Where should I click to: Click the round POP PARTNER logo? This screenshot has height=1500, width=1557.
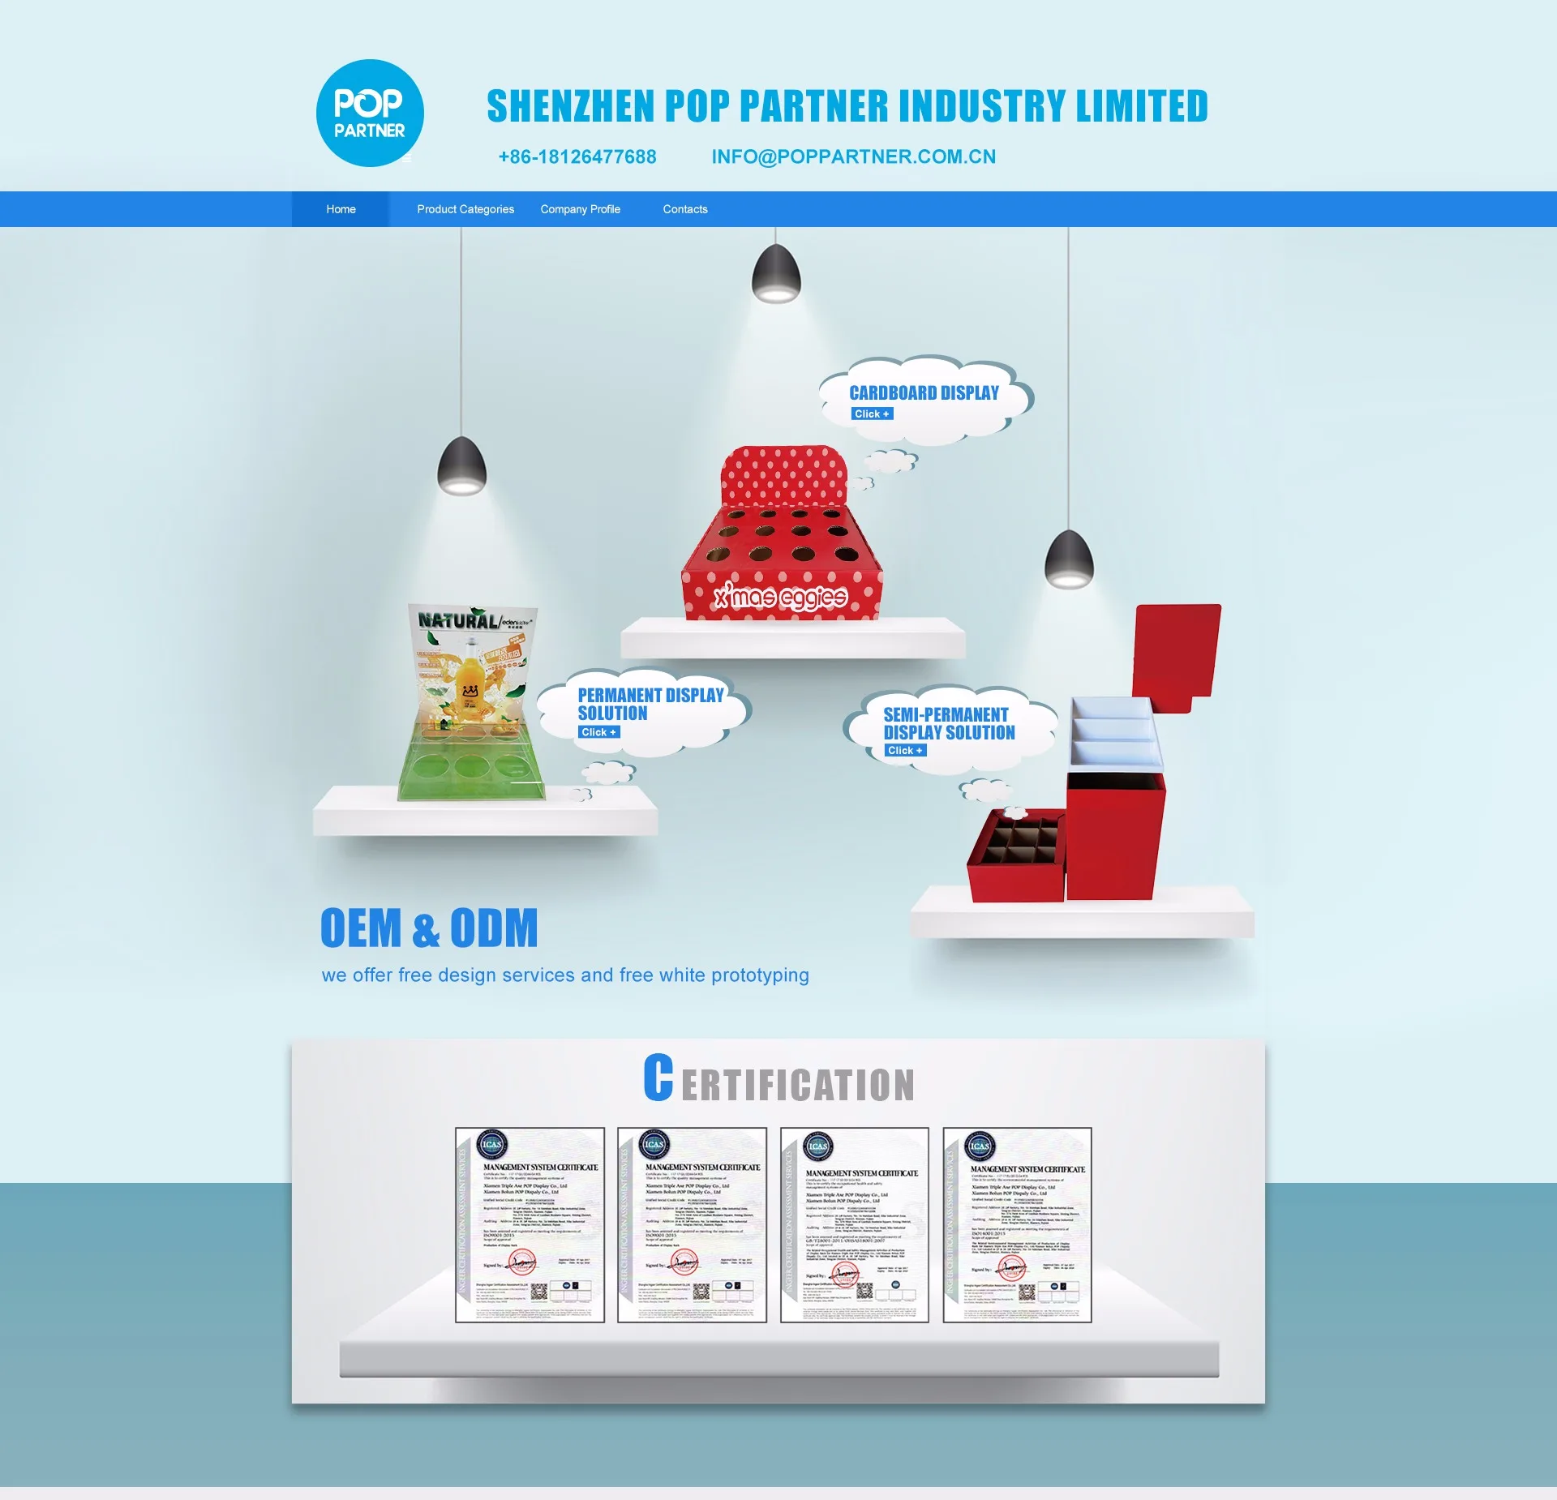point(370,114)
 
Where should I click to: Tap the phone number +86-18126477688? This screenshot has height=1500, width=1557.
point(577,156)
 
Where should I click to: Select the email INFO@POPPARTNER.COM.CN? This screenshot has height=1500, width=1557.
point(853,156)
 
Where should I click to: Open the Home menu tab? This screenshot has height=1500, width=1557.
point(341,209)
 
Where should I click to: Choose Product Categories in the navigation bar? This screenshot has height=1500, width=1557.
point(465,209)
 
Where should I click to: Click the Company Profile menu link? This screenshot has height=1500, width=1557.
point(580,209)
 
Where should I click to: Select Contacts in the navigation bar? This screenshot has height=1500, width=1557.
point(684,209)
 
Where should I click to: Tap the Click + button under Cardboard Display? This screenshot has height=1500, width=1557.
point(872,414)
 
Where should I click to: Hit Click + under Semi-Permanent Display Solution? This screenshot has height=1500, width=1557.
point(905,751)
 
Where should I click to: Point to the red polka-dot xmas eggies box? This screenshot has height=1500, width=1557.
point(783,543)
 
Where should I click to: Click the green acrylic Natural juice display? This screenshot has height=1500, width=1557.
point(470,705)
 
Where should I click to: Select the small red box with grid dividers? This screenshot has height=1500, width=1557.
point(1015,855)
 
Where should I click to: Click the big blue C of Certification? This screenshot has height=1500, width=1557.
point(658,1078)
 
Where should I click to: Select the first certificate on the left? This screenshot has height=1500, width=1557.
point(530,1224)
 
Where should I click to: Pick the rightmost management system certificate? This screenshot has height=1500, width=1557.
point(1017,1224)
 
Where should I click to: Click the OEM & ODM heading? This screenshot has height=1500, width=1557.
point(429,928)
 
